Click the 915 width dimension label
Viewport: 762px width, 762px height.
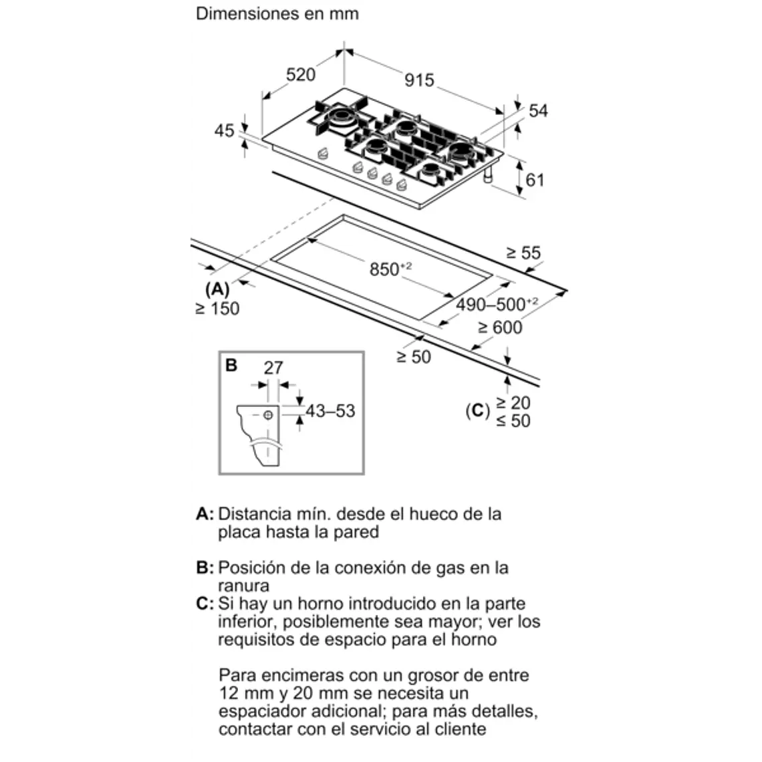coord(419,80)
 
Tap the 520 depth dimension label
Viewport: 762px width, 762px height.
coord(300,74)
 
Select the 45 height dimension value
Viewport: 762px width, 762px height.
coord(225,130)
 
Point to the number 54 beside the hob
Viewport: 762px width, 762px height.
coord(537,110)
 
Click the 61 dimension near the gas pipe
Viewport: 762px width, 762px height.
coord(535,179)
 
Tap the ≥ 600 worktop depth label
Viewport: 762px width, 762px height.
coord(500,328)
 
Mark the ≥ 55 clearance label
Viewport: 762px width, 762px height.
coord(523,253)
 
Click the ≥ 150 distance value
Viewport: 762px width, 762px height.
coord(217,309)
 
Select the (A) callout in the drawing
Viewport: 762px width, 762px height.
coord(217,289)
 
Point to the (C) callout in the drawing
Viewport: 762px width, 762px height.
coord(478,410)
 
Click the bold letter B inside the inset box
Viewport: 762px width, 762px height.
coord(231,365)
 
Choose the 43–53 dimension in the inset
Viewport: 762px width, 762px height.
coord(330,410)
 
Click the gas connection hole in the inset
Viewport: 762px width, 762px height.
coord(269,414)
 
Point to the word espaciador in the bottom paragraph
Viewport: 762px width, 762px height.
coord(263,711)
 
